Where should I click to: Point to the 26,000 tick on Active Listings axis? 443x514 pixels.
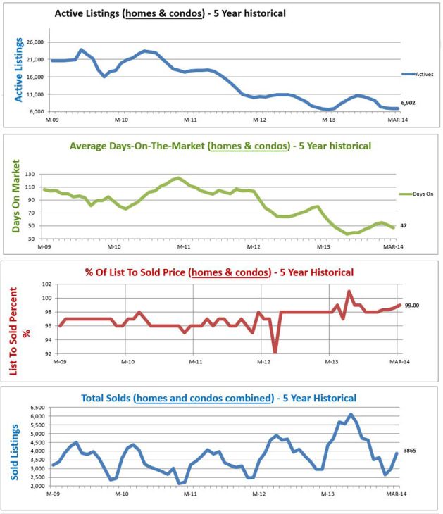(x=35, y=42)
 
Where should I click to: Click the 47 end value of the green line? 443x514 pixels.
(x=405, y=225)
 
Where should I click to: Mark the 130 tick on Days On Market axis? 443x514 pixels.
(x=30, y=173)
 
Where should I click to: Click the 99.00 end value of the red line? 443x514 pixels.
(x=411, y=305)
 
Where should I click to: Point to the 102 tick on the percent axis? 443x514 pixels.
(x=48, y=284)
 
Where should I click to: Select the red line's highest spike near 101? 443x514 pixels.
(x=349, y=292)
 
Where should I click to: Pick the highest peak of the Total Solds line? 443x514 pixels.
(x=351, y=414)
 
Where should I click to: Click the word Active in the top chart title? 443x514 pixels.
(x=77, y=13)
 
